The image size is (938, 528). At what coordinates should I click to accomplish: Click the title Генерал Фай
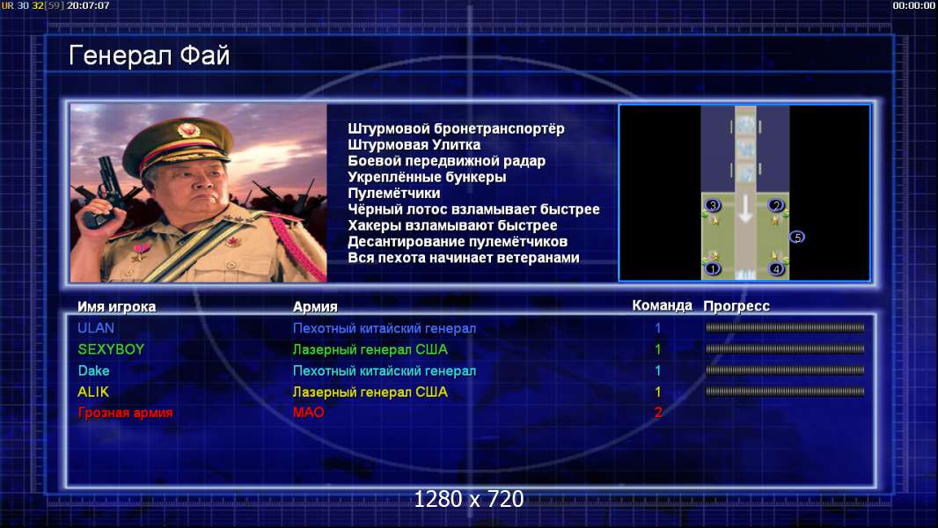pyautogui.click(x=149, y=55)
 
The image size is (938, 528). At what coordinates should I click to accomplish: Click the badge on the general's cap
pyautogui.click(x=188, y=131)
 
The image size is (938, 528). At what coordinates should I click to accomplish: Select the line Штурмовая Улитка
pyautogui.click(x=414, y=144)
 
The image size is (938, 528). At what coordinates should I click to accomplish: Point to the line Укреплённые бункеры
pyautogui.click(x=427, y=177)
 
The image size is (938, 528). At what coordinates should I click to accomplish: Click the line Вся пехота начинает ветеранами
pyautogui.click(x=464, y=258)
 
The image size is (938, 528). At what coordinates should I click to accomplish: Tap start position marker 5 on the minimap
pyautogui.click(x=797, y=238)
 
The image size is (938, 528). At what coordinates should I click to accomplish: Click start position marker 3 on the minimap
pyautogui.click(x=713, y=205)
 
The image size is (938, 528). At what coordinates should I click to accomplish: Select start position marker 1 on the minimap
pyautogui.click(x=713, y=269)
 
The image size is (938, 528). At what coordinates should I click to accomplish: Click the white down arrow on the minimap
pyautogui.click(x=744, y=209)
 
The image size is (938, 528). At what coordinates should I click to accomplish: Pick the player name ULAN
pyautogui.click(x=96, y=327)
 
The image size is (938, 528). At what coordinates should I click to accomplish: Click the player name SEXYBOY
pyautogui.click(x=111, y=349)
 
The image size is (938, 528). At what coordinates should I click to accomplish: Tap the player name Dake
pyautogui.click(x=94, y=370)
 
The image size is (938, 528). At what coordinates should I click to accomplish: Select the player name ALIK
pyautogui.click(x=93, y=392)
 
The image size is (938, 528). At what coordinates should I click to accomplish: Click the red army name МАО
pyautogui.click(x=309, y=412)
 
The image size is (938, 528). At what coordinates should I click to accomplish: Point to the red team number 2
pyautogui.click(x=658, y=412)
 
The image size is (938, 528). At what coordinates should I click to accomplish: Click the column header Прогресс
pyautogui.click(x=736, y=306)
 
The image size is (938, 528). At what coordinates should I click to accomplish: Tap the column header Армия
pyautogui.click(x=315, y=307)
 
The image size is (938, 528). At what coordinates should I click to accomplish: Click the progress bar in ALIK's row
pyautogui.click(x=785, y=392)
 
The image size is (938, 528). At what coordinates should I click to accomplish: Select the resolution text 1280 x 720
pyautogui.click(x=469, y=499)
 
